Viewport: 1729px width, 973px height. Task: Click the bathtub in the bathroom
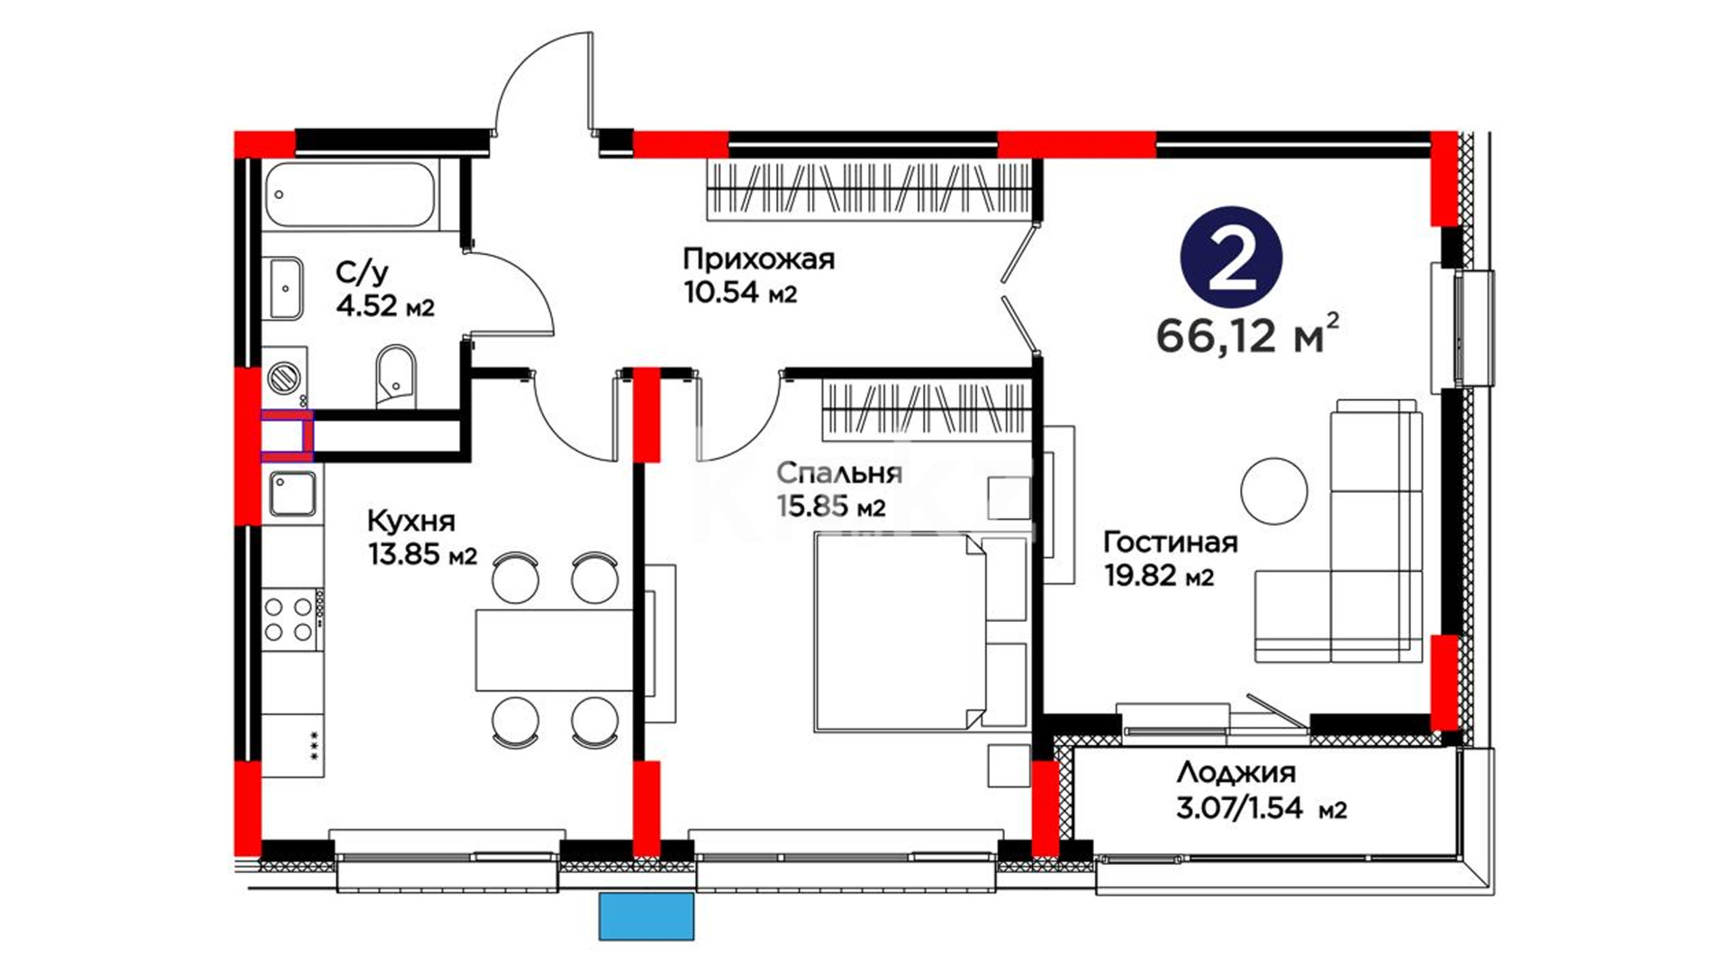[x=350, y=195]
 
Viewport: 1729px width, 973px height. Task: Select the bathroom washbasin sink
[x=285, y=288]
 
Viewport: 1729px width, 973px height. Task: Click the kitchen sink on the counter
[x=292, y=494]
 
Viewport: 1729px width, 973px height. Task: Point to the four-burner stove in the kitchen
[x=291, y=620]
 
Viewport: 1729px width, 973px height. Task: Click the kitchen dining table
[x=555, y=650]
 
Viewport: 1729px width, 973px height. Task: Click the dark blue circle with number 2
[x=1231, y=259]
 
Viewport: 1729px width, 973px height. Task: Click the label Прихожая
[x=758, y=259]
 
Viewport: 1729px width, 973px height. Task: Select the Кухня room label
[x=411, y=521]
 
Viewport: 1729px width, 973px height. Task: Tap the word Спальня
[x=838, y=473]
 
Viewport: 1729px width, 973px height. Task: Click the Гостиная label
[x=1170, y=541]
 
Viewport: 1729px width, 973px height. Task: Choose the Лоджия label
[x=1236, y=772]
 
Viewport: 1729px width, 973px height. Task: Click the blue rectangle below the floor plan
[x=647, y=916]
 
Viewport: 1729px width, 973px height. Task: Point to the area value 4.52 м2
[x=385, y=305]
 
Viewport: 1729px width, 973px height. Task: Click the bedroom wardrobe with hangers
[x=925, y=408]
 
